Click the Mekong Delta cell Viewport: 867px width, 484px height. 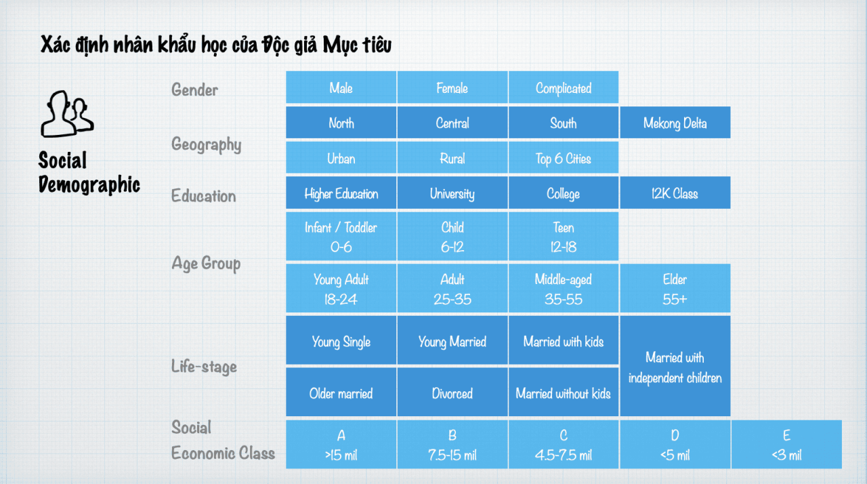pyautogui.click(x=675, y=123)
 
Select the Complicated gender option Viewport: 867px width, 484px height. pyautogui.click(x=564, y=87)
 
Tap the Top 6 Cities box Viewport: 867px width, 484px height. pyautogui.click(x=564, y=158)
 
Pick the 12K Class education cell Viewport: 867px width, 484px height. pyautogui.click(x=675, y=193)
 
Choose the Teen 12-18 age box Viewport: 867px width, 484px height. pyautogui.click(x=564, y=237)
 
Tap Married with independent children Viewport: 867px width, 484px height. pyautogui.click(x=675, y=366)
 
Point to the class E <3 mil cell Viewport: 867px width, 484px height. pyautogui.click(x=786, y=445)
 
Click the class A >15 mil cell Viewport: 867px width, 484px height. pyautogui.click(x=341, y=445)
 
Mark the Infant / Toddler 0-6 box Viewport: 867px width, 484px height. pyautogui.click(x=341, y=237)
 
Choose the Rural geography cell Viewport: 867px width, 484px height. pyautogui.click(x=452, y=158)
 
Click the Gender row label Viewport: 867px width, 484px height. pyautogui.click(x=194, y=90)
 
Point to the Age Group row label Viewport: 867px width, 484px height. pyautogui.click(x=206, y=264)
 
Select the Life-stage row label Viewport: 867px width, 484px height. pyautogui.click(x=204, y=366)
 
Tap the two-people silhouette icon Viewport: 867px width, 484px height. pyautogui.click(x=67, y=115)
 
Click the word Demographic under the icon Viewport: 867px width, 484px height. pyautogui.click(x=89, y=184)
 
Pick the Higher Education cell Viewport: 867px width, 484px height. pyautogui.click(x=341, y=193)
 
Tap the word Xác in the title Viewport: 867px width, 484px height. pyautogui.click(x=56, y=44)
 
